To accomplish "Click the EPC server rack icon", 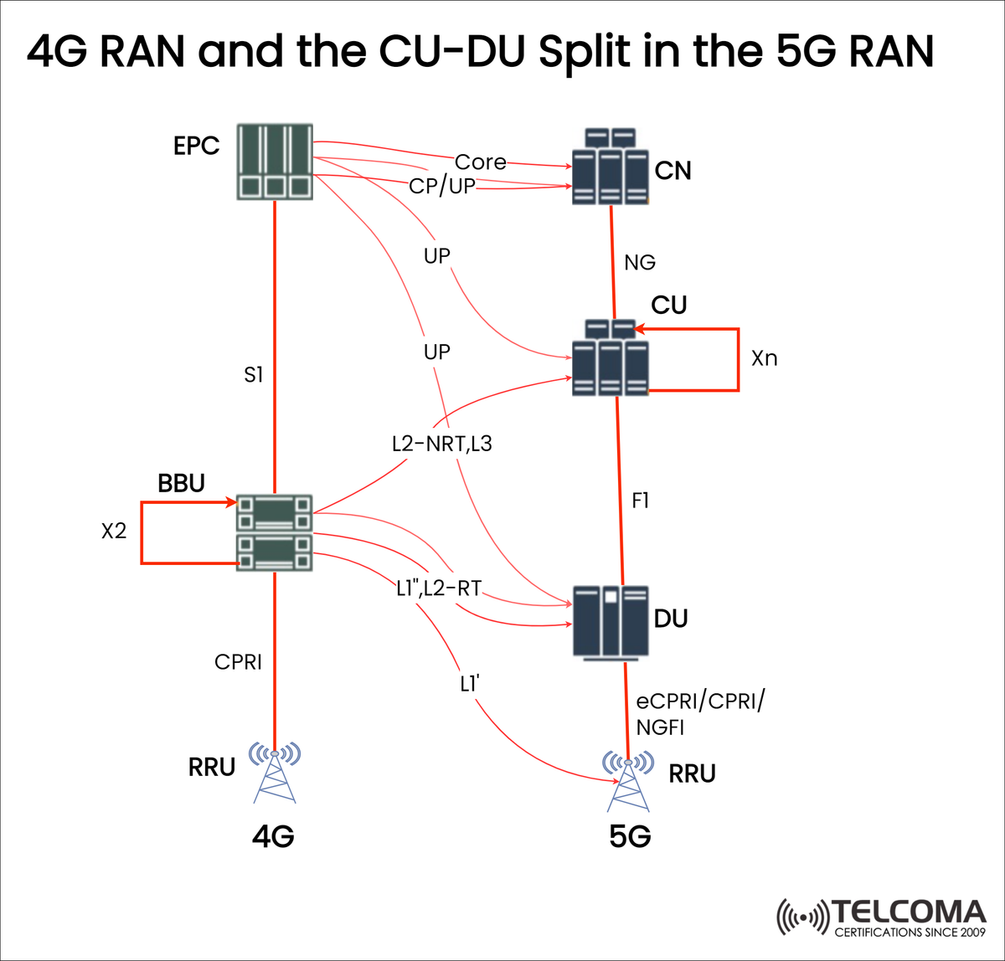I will pyautogui.click(x=275, y=162).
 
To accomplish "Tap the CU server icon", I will pyautogui.click(x=611, y=357).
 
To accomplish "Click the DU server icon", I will pyautogui.click(x=611, y=621).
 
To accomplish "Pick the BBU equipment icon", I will pyautogui.click(x=275, y=533).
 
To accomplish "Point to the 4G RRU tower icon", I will pyautogui.click(x=275, y=773).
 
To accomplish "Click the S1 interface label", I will pyautogui.click(x=253, y=376).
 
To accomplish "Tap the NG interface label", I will pyautogui.click(x=640, y=263).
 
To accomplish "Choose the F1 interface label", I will pyautogui.click(x=640, y=501).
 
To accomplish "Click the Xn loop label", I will pyautogui.click(x=764, y=358).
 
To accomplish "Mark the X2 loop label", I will pyautogui.click(x=114, y=531).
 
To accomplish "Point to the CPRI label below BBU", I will pyautogui.click(x=239, y=662).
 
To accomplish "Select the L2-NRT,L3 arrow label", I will pyautogui.click(x=441, y=444).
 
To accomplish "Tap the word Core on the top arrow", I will pyautogui.click(x=480, y=162).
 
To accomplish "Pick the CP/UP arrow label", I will pyautogui.click(x=441, y=186).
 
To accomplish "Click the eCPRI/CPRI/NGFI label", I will pyautogui.click(x=699, y=714).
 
